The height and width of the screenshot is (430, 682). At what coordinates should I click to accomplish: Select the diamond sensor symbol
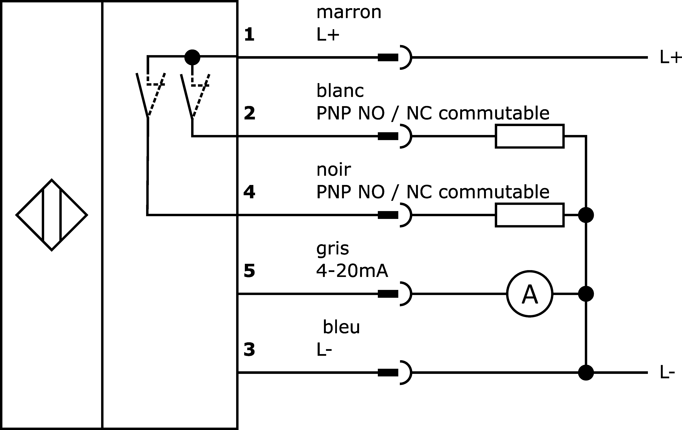click(x=51, y=215)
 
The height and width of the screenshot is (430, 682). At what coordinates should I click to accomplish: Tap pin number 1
click(x=249, y=35)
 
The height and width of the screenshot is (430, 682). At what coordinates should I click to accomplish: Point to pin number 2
click(x=249, y=113)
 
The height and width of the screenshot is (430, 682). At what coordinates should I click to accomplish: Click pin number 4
click(x=249, y=192)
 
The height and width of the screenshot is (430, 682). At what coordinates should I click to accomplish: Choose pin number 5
click(x=249, y=271)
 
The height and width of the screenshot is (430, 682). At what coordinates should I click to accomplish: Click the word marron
click(x=349, y=13)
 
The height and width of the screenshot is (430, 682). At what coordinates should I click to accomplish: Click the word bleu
click(x=341, y=327)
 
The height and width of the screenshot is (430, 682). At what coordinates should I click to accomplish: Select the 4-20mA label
click(x=352, y=271)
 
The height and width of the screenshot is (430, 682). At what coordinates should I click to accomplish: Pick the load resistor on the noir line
click(x=530, y=215)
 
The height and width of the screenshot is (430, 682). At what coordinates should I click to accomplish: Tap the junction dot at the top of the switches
click(x=192, y=57)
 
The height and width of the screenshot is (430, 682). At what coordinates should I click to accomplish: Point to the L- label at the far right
click(x=668, y=372)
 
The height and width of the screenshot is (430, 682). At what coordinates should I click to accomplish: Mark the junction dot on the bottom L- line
click(x=586, y=372)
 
